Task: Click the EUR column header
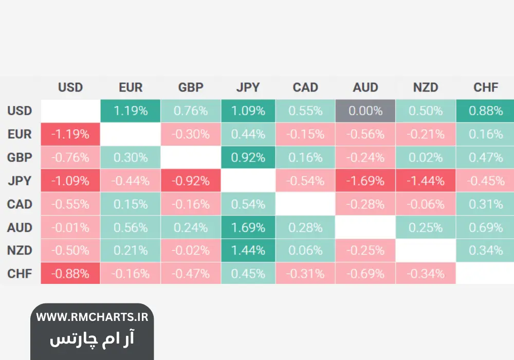131,87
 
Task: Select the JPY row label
20,181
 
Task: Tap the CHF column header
486,87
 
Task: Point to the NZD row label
20,251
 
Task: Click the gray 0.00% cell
365,111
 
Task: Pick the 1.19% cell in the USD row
131,111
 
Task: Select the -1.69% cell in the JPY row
365,181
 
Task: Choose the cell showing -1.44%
426,181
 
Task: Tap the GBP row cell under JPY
248,157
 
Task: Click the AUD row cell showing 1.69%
248,227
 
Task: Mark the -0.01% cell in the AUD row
70,227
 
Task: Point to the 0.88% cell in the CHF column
486,111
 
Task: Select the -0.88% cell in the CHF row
70,274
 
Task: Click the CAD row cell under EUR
131,204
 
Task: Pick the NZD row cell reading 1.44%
248,251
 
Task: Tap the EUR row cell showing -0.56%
365,134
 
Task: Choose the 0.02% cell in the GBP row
426,157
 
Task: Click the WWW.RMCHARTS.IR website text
92,317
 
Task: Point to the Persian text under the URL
92,339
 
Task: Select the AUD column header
365,87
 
